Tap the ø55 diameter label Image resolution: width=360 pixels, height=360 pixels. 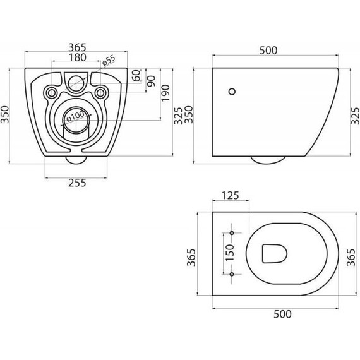tap(108, 60)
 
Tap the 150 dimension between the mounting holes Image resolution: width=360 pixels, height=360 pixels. tap(231, 254)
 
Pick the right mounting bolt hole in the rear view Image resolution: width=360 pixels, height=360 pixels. tap(99, 93)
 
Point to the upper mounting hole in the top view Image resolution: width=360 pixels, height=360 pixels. tap(231, 233)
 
